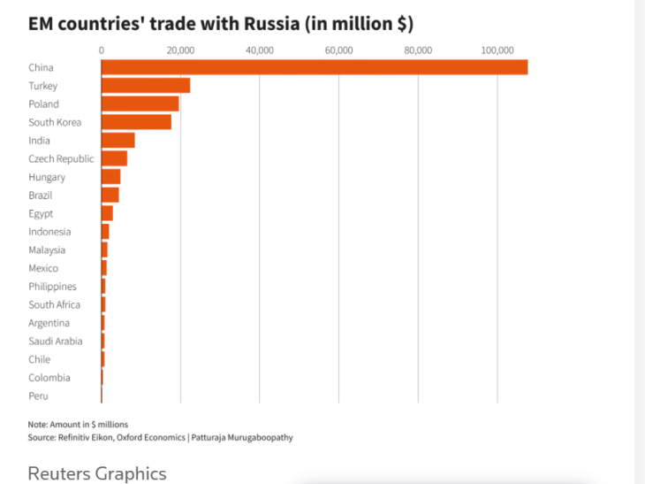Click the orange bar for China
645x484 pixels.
314,67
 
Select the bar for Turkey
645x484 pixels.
146,86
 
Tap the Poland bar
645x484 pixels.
140,104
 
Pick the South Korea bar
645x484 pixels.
136,122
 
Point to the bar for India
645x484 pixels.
118,140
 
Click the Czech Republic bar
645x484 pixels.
114,158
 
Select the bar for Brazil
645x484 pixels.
110,195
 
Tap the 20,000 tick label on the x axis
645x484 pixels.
180,50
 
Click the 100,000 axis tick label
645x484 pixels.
497,50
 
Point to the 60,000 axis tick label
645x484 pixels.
339,50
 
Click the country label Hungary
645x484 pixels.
47,177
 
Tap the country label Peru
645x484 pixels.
38,396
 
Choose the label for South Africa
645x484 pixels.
54,305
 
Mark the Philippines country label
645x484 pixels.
52,287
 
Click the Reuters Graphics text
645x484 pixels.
96,473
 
